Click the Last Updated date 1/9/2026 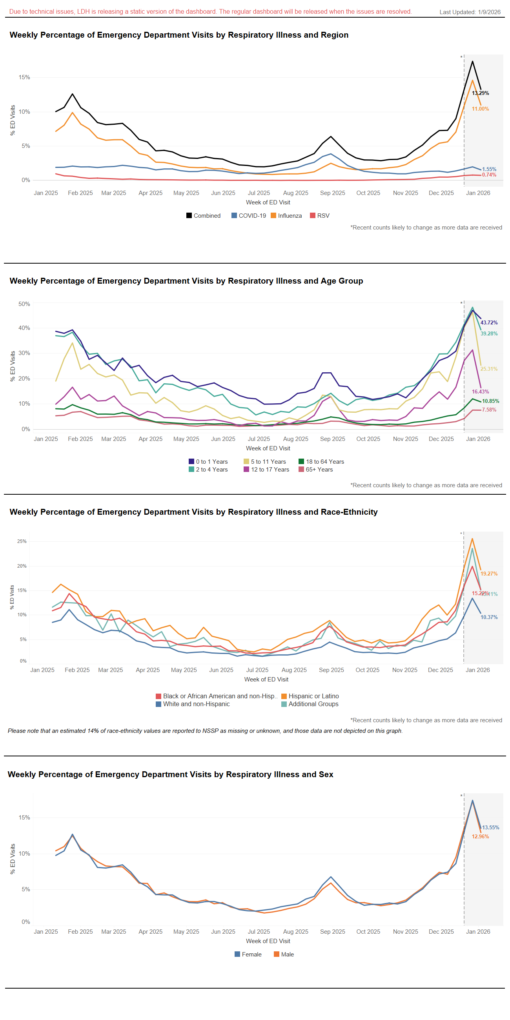[489, 12]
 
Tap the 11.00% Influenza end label [480, 109]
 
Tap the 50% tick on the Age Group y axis [24, 304]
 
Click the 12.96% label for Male [480, 836]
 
